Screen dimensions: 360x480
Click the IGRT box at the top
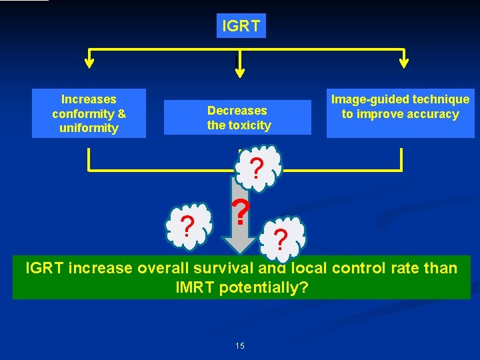pos(241,26)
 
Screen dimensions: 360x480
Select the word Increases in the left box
pos(89,99)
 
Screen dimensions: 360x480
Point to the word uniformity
pos(89,128)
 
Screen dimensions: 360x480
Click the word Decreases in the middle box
pos(237,111)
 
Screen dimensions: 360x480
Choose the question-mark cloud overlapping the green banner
pos(283,238)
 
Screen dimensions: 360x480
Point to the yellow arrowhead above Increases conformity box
pos(89,63)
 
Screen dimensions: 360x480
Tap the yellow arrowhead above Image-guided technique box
pos(403,63)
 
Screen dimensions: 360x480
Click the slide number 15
pos(240,345)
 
